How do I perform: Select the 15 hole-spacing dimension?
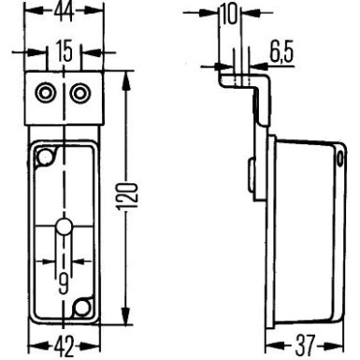pyautogui.click(x=62, y=52)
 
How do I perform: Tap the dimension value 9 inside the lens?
pyautogui.click(x=62, y=281)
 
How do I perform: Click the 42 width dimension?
pyautogui.click(x=62, y=348)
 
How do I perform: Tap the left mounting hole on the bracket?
pyautogui.click(x=44, y=92)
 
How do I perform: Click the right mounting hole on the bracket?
pyautogui.click(x=79, y=92)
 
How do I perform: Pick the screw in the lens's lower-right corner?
pyautogui.click(x=84, y=306)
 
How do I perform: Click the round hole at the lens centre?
pyautogui.click(x=62, y=227)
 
